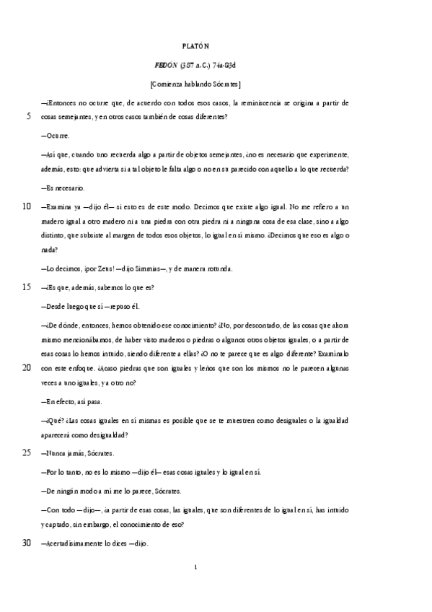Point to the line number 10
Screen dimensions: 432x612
tap(27, 206)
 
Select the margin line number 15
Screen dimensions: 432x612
tap(27, 287)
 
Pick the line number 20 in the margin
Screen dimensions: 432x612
tap(27, 367)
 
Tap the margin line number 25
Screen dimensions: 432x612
tap(27, 453)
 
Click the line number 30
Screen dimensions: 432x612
tap(27, 543)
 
